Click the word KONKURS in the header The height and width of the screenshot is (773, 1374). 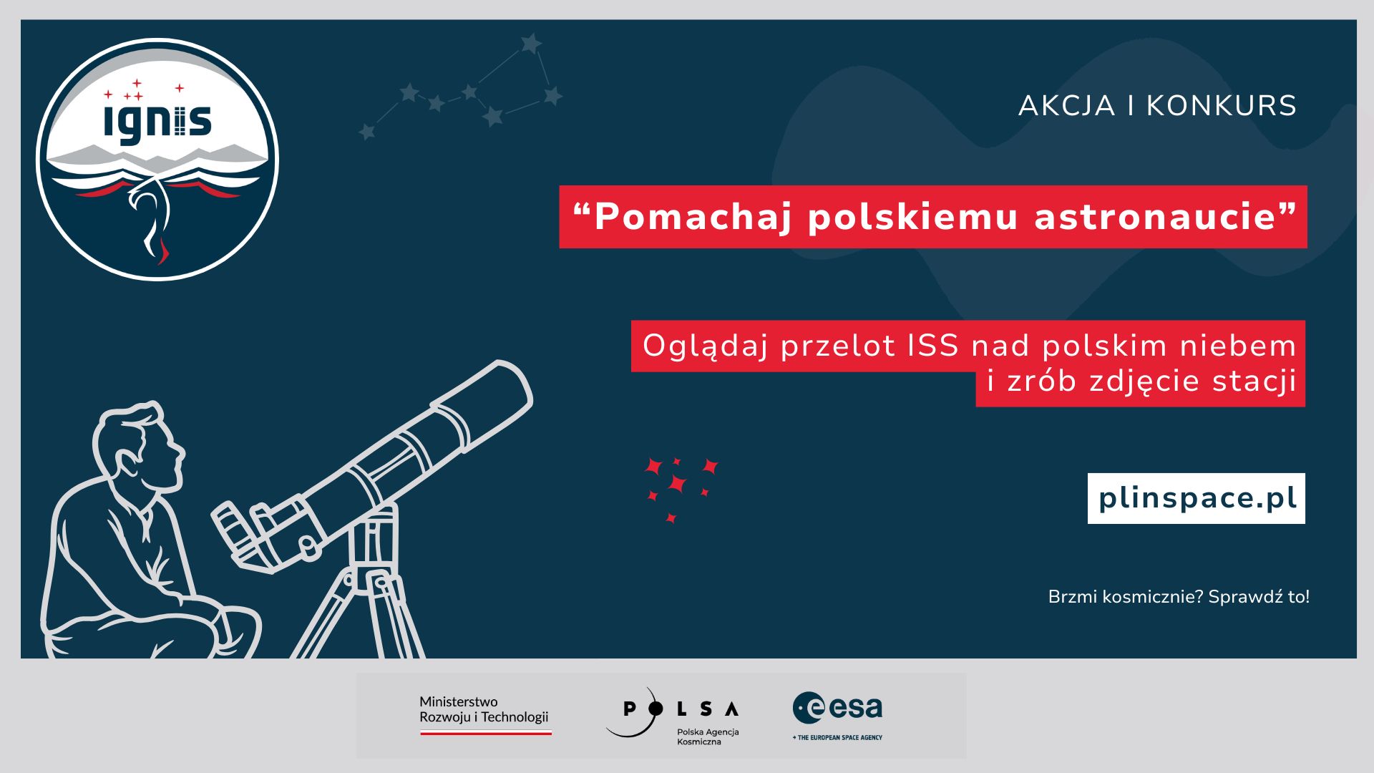1222,106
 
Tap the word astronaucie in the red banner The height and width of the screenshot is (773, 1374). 1155,217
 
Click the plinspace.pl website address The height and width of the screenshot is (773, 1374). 1197,498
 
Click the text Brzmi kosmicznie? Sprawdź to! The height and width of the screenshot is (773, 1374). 1179,597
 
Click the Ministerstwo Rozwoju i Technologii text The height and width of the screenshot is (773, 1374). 484,709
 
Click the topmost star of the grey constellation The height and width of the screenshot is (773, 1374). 530,43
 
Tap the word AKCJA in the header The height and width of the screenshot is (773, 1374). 1067,106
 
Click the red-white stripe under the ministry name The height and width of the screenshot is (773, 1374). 486,732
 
